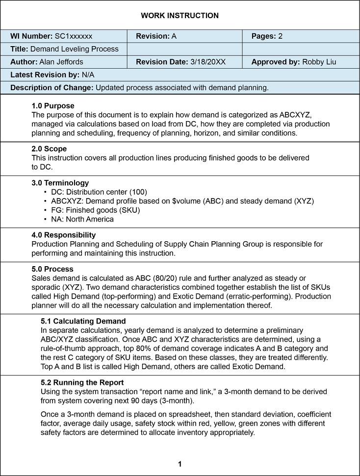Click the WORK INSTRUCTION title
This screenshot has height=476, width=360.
pos(180,16)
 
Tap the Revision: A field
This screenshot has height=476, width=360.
pos(156,36)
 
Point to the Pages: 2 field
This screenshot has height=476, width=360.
pos(267,36)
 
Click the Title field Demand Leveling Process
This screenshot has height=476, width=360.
pos(74,49)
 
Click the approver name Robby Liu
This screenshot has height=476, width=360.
pos(319,62)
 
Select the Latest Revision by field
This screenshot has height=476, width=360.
pos(52,75)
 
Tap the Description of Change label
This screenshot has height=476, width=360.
pos(52,88)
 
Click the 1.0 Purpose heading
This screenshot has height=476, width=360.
pos(53,106)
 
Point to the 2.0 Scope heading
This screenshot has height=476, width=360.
pos(49,149)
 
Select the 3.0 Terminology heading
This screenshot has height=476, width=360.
pos(60,183)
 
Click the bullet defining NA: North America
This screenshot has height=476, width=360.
pos(82,219)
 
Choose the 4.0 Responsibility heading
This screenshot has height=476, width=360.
pos(64,235)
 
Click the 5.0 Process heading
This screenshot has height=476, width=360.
pos(52,269)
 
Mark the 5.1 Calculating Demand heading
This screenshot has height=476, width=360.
pos(83,321)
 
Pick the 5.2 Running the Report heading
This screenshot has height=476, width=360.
pos(82,382)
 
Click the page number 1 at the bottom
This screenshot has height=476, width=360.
pos(180,464)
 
